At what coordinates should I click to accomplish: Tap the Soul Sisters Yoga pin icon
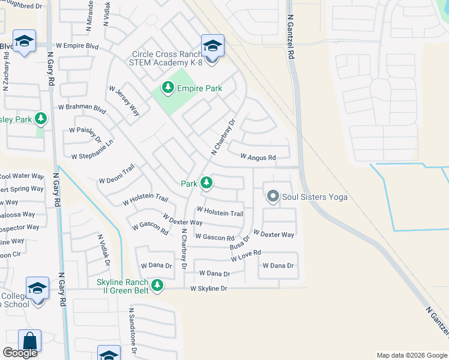click(x=273, y=196)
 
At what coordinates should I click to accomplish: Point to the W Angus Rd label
click(x=258, y=157)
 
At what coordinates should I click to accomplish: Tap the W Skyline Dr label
click(x=209, y=289)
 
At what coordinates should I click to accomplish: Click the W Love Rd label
click(x=246, y=256)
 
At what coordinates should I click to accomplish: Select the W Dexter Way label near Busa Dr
click(x=274, y=234)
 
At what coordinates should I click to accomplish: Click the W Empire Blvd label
click(x=77, y=45)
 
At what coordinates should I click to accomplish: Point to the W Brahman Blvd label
click(x=82, y=107)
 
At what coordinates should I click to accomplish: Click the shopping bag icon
click(x=29, y=340)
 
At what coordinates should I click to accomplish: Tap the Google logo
click(x=20, y=353)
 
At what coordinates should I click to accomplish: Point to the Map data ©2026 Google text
click(x=411, y=355)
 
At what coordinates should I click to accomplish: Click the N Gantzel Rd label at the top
click(x=291, y=36)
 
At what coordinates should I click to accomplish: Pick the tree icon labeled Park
click(x=206, y=182)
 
